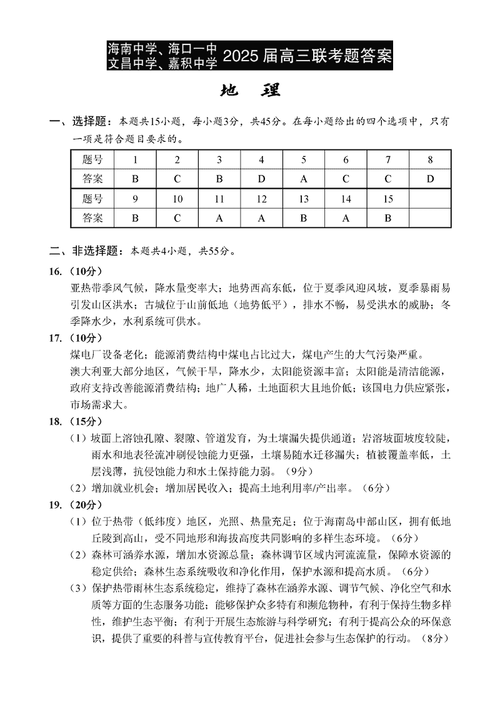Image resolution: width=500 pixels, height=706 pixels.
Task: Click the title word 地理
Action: pyautogui.click(x=250, y=91)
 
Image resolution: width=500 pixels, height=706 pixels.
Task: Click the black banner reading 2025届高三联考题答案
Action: pyautogui.click(x=250, y=55)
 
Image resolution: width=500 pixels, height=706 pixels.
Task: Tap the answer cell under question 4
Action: pyautogui.click(x=261, y=179)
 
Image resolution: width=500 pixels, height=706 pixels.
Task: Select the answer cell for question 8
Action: pyautogui.click(x=430, y=179)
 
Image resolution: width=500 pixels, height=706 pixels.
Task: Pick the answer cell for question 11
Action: pyautogui.click(x=219, y=218)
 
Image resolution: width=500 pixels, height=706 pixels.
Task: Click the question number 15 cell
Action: pyautogui.click(x=387, y=199)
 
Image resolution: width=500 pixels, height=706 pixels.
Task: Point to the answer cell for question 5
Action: pyautogui.click(x=304, y=179)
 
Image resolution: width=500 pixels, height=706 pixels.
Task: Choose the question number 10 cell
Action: pyautogui.click(x=177, y=199)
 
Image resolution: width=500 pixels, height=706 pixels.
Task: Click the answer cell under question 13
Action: pyautogui.click(x=304, y=218)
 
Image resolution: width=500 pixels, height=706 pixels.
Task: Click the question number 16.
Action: pyautogui.click(x=56, y=272)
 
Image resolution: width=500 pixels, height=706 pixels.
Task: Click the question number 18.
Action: pyautogui.click(x=56, y=420)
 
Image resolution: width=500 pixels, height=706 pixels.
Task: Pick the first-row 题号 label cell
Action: pyautogui.click(x=92, y=160)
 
